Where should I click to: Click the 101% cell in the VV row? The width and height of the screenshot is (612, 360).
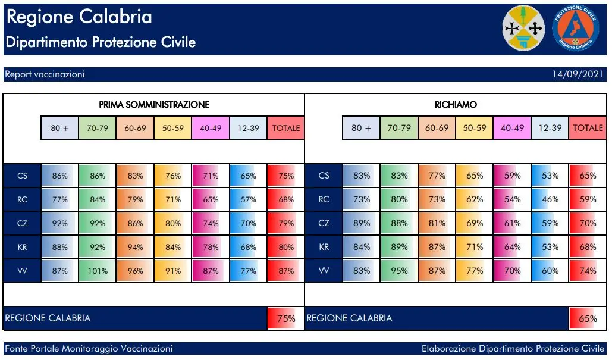tap(98, 271)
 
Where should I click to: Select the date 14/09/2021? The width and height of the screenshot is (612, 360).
tap(578, 74)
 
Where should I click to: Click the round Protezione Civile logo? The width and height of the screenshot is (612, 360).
tap(575, 29)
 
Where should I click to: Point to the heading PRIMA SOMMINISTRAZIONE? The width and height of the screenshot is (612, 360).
tap(154, 105)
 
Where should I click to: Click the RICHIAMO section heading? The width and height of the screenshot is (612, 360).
tap(456, 105)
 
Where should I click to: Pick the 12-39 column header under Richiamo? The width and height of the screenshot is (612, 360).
tap(550, 128)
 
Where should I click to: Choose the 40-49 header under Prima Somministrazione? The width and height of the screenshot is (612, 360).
tap(211, 128)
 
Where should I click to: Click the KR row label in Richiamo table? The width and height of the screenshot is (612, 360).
tap(324, 247)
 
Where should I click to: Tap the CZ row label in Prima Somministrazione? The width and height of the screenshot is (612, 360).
tap(22, 223)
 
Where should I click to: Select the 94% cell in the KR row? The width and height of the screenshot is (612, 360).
tap(136, 247)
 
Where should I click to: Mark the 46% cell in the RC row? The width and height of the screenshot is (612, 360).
tap(550, 199)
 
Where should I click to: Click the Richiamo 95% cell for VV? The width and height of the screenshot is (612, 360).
tap(399, 271)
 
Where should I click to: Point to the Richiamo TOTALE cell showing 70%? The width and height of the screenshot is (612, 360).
tap(588, 223)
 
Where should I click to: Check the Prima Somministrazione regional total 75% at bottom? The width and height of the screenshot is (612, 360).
tap(286, 318)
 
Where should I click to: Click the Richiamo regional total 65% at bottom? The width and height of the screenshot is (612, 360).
tap(588, 318)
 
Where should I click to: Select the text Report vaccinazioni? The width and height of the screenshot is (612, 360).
tap(45, 74)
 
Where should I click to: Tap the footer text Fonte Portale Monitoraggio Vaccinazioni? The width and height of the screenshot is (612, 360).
tap(89, 348)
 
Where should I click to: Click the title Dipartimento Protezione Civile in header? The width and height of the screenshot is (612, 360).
tap(101, 43)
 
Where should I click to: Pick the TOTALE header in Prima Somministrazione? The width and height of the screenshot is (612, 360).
tap(286, 128)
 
